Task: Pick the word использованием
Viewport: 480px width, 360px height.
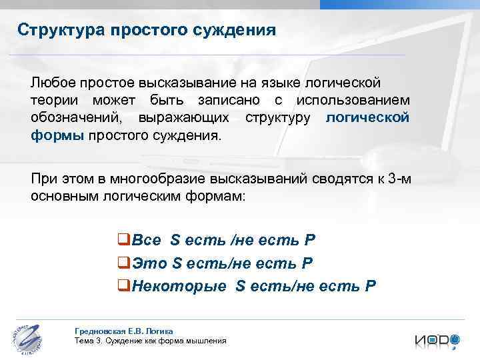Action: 353,101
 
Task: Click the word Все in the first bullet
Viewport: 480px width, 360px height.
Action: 147,240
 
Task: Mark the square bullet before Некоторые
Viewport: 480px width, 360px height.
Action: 123,287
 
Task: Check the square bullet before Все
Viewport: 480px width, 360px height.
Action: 123,241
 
